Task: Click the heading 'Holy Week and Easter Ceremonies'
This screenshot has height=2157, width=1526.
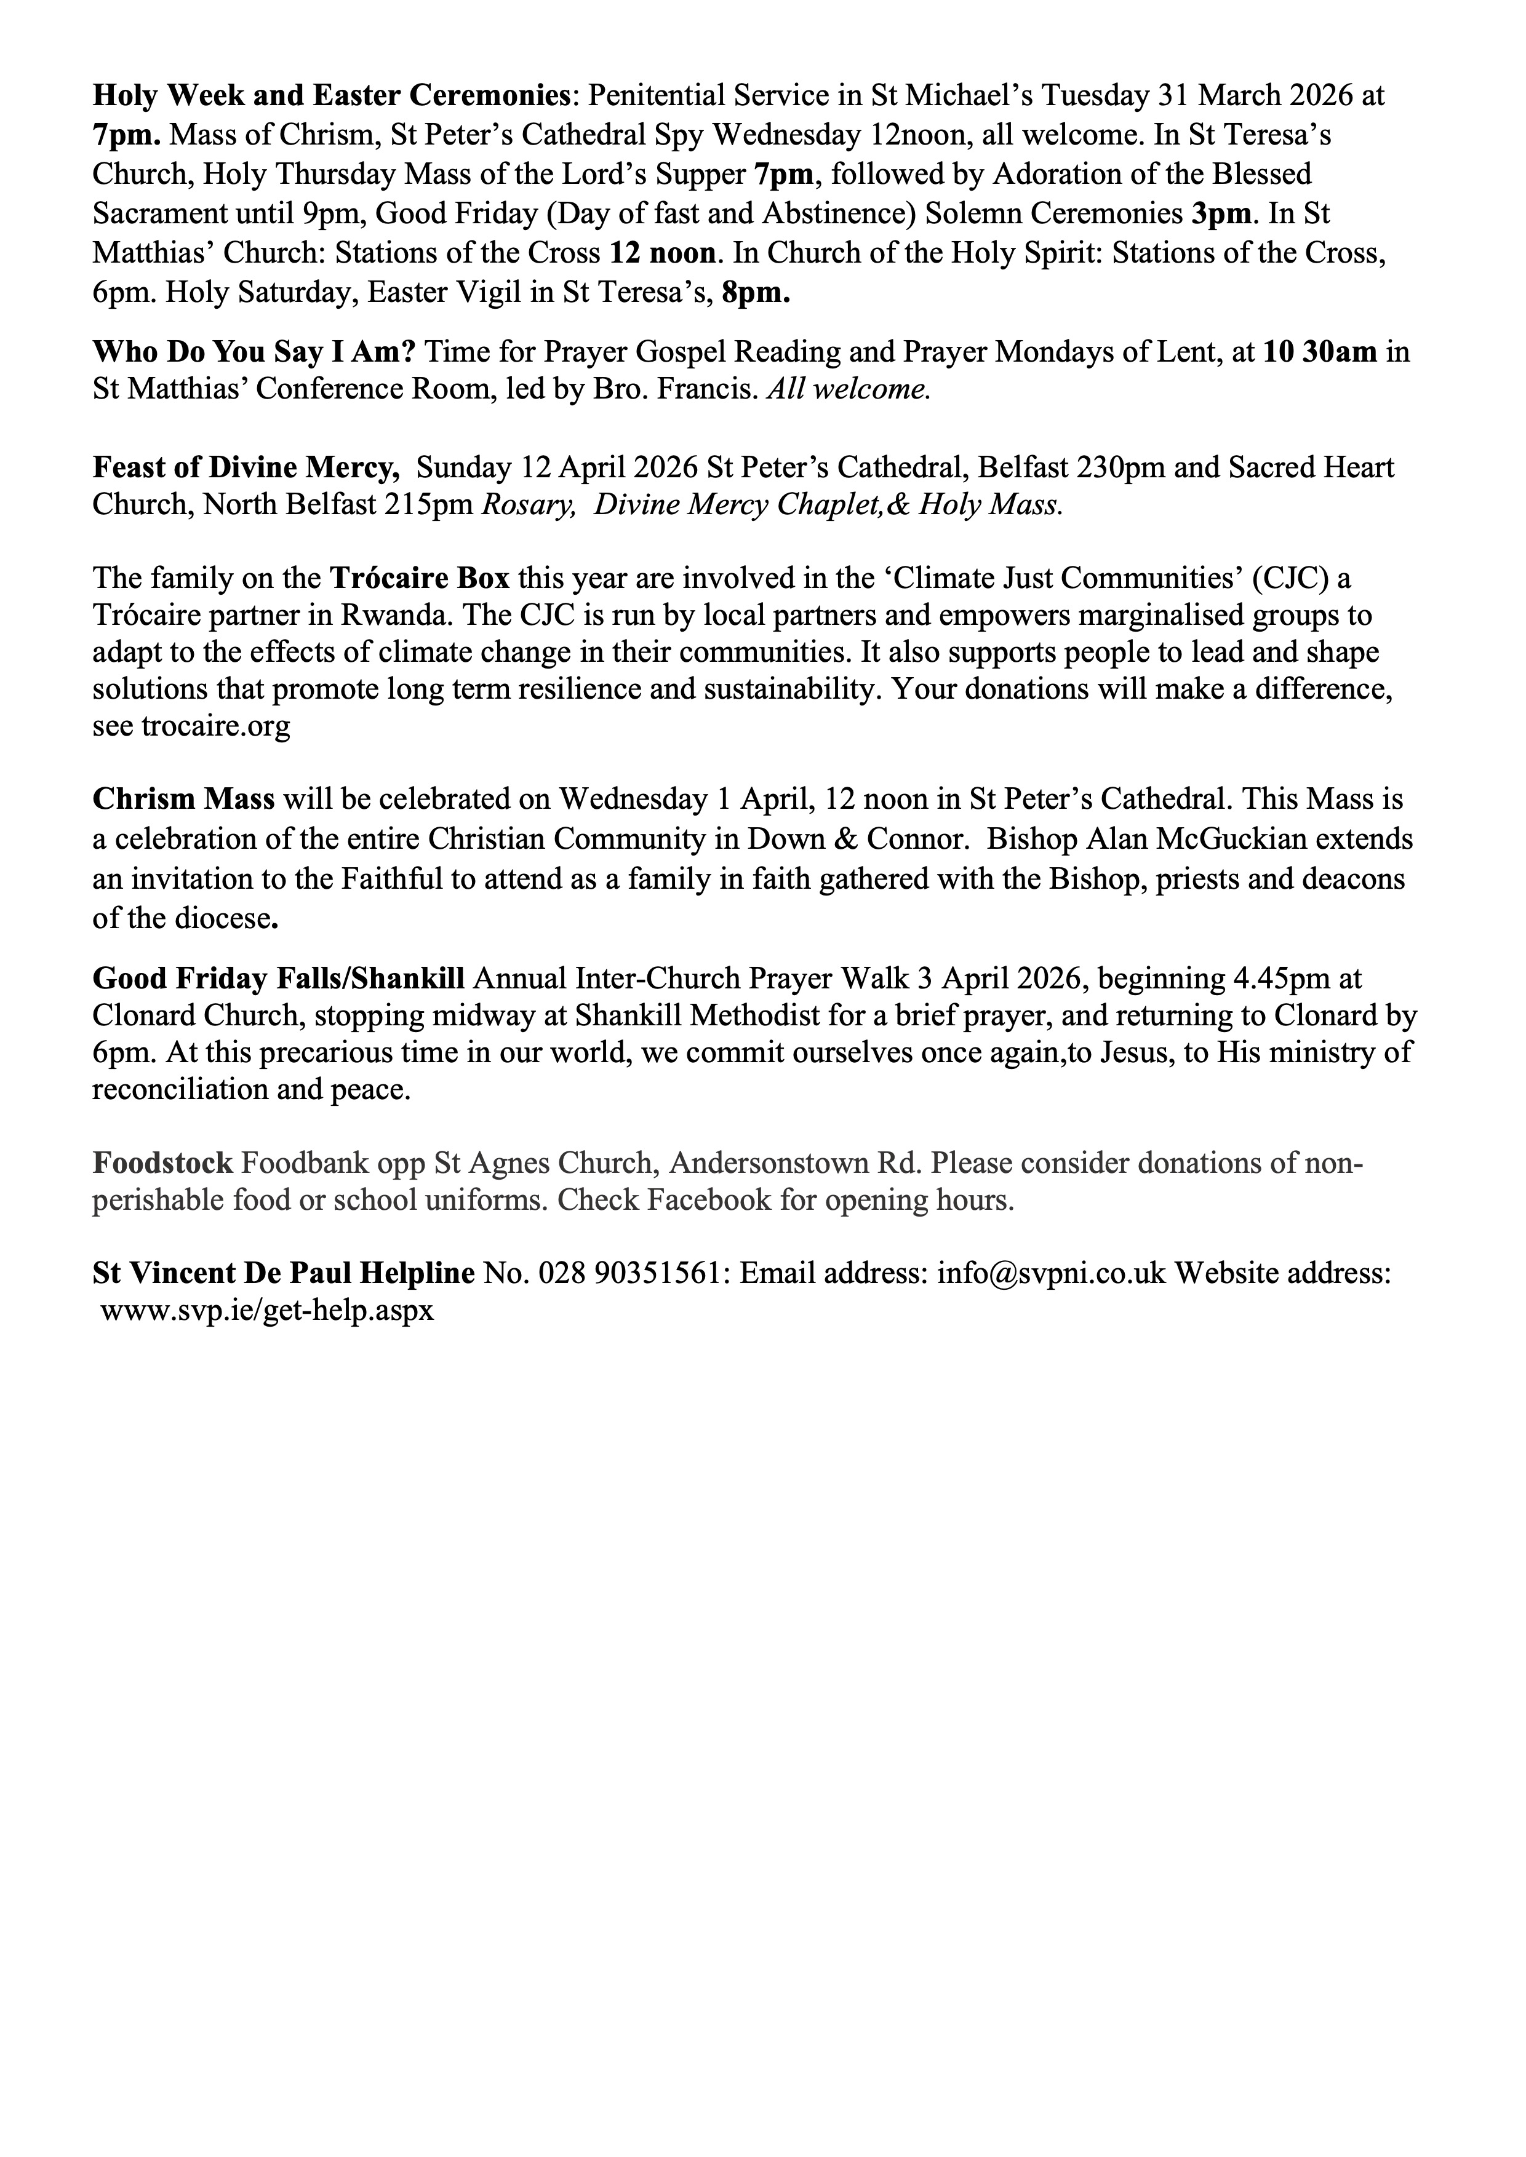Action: tap(331, 96)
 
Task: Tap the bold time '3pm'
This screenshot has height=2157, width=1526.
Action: tap(1221, 214)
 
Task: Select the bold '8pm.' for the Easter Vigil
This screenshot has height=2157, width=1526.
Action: tap(756, 293)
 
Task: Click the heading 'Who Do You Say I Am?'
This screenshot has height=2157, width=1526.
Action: tap(254, 352)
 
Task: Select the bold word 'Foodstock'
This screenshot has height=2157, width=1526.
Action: tap(162, 1164)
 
